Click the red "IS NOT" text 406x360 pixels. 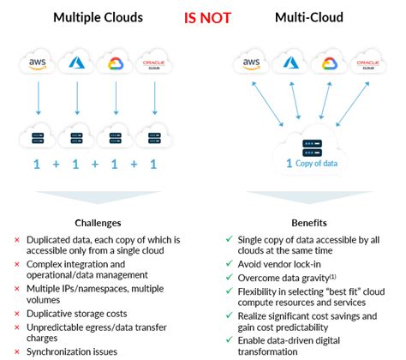202,16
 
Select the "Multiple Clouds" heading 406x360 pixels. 99,16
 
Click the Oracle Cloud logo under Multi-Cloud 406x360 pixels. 367,63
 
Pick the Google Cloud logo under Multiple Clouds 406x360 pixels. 116,63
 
